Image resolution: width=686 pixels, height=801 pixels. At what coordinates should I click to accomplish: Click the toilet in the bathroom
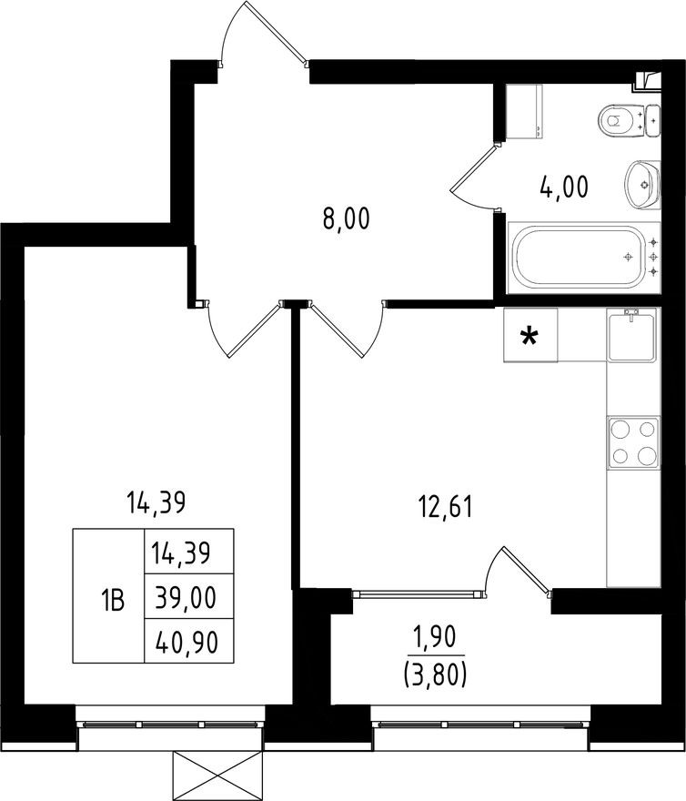(x=620, y=118)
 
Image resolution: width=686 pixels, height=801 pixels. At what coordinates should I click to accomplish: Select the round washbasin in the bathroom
(x=641, y=183)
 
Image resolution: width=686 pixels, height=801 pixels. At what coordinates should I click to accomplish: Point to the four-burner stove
(x=632, y=443)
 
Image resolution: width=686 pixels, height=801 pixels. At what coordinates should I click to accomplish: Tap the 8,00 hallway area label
(x=346, y=220)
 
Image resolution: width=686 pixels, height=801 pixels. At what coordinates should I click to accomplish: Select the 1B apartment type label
(x=112, y=598)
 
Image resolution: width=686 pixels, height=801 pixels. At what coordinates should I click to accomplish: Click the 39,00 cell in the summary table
(x=189, y=598)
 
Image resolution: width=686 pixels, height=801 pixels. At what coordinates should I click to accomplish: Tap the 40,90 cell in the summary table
(x=189, y=643)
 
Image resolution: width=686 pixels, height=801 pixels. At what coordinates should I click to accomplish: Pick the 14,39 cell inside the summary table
(x=189, y=552)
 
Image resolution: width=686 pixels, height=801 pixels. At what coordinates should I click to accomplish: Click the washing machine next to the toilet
(x=524, y=112)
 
